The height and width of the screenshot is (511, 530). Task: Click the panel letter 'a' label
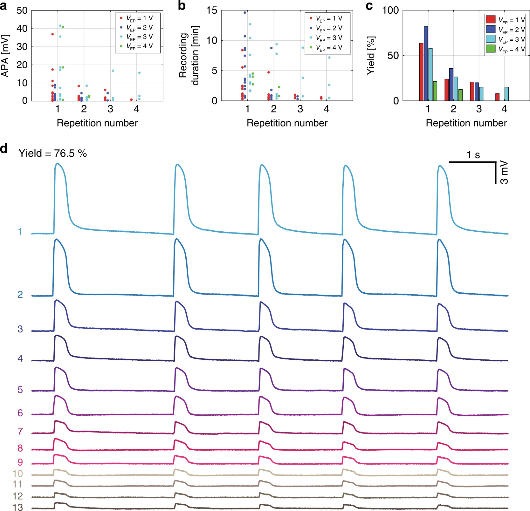[3, 6]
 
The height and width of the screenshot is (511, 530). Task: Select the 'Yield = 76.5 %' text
[52, 153]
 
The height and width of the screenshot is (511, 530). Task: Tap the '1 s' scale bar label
[473, 155]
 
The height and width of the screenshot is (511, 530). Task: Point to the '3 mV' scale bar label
[504, 173]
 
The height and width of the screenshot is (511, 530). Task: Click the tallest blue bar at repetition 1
[426, 63]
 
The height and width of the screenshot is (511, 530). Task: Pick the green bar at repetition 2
[460, 95]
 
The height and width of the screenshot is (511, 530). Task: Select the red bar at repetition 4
[497, 97]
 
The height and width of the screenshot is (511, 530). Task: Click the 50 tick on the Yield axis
[393, 56]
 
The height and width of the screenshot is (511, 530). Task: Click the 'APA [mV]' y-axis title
[5, 56]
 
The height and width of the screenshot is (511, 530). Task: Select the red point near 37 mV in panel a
[52, 34]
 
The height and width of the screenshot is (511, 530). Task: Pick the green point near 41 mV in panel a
[63, 27]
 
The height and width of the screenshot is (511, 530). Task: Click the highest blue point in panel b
[245, 12]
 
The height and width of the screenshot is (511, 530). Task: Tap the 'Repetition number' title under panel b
[287, 123]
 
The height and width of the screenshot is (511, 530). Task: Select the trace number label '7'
[20, 431]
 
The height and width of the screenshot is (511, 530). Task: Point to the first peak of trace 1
[58, 164]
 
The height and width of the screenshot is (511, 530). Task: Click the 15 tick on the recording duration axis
[212, 10]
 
